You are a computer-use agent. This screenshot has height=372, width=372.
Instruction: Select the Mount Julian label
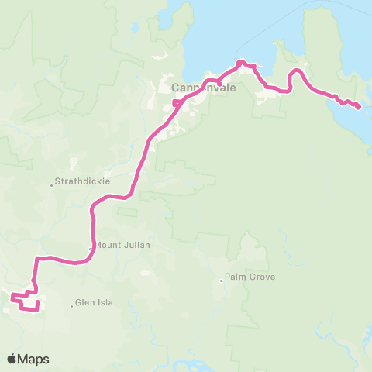point(123,245)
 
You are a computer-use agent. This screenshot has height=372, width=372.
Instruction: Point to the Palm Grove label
point(250,277)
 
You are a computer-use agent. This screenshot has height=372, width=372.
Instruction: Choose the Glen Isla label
point(95,303)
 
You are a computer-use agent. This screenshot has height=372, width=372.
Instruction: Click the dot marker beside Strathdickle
point(51,184)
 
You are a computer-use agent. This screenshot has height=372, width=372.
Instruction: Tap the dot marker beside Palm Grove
point(221,280)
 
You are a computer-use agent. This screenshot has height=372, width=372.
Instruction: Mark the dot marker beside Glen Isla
point(72,305)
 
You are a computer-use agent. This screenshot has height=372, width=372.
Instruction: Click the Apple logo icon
point(12,359)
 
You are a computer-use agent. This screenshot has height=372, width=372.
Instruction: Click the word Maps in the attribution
point(34,360)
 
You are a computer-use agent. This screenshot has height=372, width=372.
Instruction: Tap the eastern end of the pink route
point(358,107)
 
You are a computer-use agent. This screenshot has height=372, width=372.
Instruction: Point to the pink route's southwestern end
point(12,295)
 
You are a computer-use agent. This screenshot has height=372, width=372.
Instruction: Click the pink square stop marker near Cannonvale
point(177,102)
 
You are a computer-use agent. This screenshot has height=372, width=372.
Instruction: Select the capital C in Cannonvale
point(174,89)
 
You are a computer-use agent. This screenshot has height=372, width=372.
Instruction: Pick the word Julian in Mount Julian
point(136,245)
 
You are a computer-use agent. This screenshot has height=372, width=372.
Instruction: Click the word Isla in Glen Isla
point(105,303)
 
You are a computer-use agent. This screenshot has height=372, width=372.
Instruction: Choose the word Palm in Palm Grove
point(234,277)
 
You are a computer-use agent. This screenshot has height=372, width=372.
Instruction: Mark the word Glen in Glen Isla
point(85,303)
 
